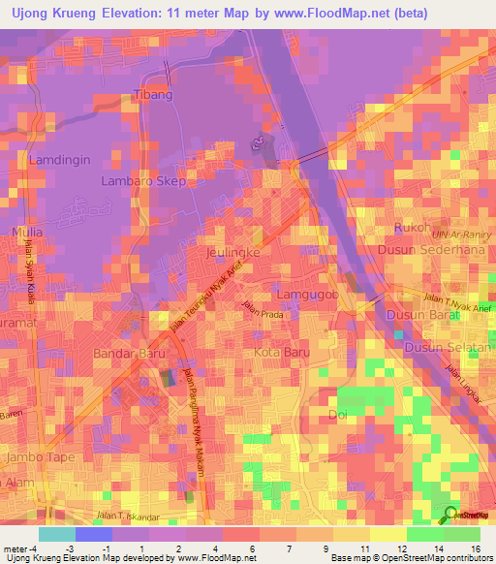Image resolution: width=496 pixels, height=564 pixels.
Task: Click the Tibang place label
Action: [152, 95]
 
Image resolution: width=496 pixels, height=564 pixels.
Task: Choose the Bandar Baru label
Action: [126, 354]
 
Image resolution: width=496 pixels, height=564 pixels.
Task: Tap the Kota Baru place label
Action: [281, 353]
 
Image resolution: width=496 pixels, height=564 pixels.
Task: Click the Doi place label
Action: [339, 414]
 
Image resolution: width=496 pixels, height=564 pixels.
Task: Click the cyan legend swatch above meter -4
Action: [56, 534]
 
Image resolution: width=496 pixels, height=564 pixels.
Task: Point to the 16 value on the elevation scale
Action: [475, 548]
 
